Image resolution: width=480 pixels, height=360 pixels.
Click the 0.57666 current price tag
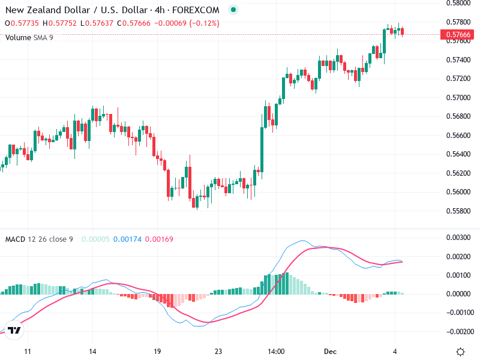(458, 35)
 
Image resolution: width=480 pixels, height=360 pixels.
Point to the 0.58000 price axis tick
(458, 4)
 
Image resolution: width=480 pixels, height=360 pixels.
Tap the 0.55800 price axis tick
(458, 211)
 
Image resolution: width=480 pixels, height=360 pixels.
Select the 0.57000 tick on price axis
(458, 98)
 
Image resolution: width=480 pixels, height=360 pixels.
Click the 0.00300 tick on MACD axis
(458, 238)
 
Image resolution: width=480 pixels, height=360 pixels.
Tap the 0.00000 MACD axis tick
(458, 294)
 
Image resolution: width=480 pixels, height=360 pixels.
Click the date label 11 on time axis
(27, 351)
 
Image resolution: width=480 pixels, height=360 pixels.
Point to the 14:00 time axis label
(275, 351)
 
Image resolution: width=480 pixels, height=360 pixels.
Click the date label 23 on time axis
(218, 351)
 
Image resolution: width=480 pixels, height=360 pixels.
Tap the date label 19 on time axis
(157, 351)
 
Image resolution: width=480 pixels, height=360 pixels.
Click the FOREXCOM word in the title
(200, 10)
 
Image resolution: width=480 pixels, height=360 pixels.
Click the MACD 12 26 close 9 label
(39, 239)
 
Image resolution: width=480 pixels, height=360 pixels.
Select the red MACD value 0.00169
(159, 239)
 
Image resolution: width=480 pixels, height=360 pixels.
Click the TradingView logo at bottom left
(14, 331)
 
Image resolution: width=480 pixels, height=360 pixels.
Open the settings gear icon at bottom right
(460, 352)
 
